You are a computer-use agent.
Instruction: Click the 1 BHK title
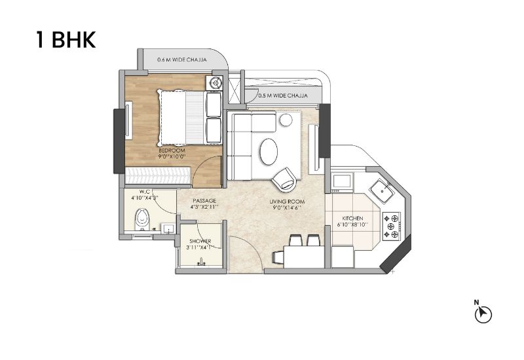pyautogui.click(x=66, y=40)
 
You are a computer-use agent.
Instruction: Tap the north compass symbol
pyautogui.click(x=483, y=314)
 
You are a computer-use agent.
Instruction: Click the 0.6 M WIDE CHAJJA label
pyautogui.click(x=182, y=60)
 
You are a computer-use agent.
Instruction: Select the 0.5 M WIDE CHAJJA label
pyautogui.click(x=283, y=96)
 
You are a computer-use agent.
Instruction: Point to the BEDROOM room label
pyautogui.click(x=172, y=151)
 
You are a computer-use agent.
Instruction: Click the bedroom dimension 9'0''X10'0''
pyautogui.click(x=172, y=156)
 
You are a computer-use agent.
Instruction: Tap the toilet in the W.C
pyautogui.click(x=142, y=219)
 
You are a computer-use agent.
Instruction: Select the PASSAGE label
pyautogui.click(x=204, y=201)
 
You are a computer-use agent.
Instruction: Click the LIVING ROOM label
pyautogui.click(x=287, y=202)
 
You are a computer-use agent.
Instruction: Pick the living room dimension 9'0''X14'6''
pyautogui.click(x=287, y=207)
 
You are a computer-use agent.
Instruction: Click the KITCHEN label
pyautogui.click(x=352, y=219)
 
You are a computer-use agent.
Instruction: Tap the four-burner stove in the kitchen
pyautogui.click(x=391, y=226)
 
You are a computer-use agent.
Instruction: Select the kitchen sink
pyautogui.click(x=382, y=190)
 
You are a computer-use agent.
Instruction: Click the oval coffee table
pyautogui.click(x=269, y=151)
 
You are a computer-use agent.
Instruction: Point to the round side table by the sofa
pyautogui.click(x=286, y=120)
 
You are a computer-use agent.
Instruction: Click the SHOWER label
pyautogui.click(x=200, y=241)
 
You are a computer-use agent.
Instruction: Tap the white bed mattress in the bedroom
pyautogui.click(x=174, y=118)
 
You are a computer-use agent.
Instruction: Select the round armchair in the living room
pyautogui.click(x=284, y=179)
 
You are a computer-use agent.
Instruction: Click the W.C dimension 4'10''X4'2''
pyautogui.click(x=144, y=198)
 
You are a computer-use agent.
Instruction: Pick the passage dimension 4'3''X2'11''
pyautogui.click(x=204, y=207)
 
